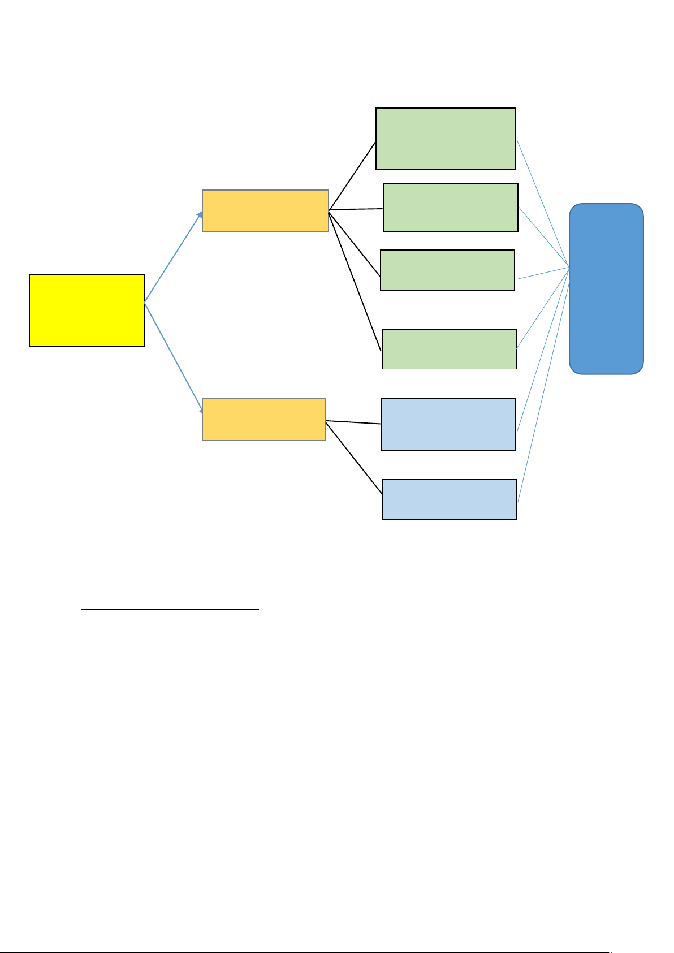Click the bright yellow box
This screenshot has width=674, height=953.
click(x=87, y=311)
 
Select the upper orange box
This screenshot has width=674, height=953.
click(x=265, y=210)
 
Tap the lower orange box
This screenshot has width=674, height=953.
click(x=263, y=419)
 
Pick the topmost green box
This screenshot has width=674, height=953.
click(x=446, y=139)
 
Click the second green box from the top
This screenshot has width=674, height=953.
click(x=451, y=207)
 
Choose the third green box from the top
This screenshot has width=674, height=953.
click(x=447, y=270)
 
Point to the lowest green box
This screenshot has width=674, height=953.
click(x=449, y=348)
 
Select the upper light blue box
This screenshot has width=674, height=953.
click(x=448, y=424)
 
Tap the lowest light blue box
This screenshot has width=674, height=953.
click(x=450, y=499)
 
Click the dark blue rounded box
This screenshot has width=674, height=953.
click(x=606, y=288)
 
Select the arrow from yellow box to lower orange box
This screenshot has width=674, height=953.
click(x=173, y=355)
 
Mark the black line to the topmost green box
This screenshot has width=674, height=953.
click(x=352, y=175)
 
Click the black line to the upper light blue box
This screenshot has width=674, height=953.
click(x=353, y=422)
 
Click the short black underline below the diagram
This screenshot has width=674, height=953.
click(x=170, y=610)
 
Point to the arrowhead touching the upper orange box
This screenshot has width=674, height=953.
click(x=199, y=214)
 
